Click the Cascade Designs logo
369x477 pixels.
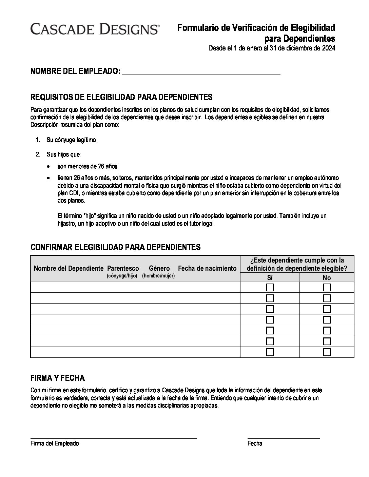(95, 29)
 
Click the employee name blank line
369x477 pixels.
(201, 72)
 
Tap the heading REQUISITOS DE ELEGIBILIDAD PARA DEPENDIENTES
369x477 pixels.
(121, 98)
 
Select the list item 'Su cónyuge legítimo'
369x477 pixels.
(71, 140)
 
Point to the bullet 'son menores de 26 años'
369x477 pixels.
(88, 166)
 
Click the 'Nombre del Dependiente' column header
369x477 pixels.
(69, 268)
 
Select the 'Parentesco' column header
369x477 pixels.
(123, 268)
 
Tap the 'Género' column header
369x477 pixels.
(159, 268)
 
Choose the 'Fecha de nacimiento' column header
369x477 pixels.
(207, 268)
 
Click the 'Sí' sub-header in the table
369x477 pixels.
(270, 278)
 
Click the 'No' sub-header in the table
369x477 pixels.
(327, 278)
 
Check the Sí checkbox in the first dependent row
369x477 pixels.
(270, 288)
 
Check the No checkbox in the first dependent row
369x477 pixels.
(327, 288)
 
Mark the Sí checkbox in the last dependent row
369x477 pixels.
(270, 352)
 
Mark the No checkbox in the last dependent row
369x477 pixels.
(327, 352)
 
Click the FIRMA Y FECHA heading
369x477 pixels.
(58, 378)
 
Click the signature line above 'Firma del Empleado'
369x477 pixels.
(113, 438)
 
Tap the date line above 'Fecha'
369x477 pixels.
(284, 438)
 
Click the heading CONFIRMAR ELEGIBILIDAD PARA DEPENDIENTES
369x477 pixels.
(115, 247)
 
